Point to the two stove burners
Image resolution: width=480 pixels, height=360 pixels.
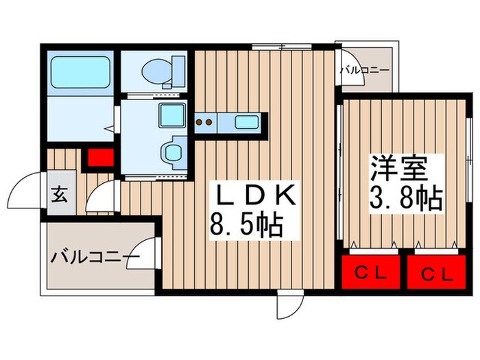tap(204, 123)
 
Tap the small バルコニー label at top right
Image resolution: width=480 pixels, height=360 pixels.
tap(364, 70)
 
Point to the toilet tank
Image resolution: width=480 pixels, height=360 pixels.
tap(178, 69)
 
